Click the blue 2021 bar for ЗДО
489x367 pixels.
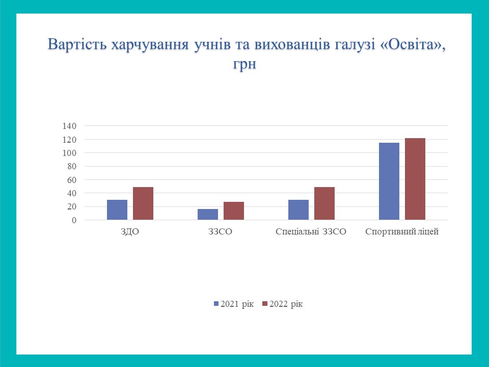117,209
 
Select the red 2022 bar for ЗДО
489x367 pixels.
143,203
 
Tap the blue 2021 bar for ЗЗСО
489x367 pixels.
208,215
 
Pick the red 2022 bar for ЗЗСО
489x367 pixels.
234,211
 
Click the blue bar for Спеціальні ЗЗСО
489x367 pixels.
298,209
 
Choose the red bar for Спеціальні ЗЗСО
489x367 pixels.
324,203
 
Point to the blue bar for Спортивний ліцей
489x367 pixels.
389,181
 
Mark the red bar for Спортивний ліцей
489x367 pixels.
415,179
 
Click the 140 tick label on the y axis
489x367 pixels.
69,126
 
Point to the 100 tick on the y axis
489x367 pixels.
69,153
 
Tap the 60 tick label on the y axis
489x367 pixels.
72,180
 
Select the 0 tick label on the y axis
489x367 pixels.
74,220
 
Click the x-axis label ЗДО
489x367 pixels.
130,232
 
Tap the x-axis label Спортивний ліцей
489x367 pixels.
402,232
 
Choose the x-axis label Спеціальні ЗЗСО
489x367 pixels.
311,232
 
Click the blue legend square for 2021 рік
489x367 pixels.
216,304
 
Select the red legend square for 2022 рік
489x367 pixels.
265,304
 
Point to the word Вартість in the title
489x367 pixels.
78,44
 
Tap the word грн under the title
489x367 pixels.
244,64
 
